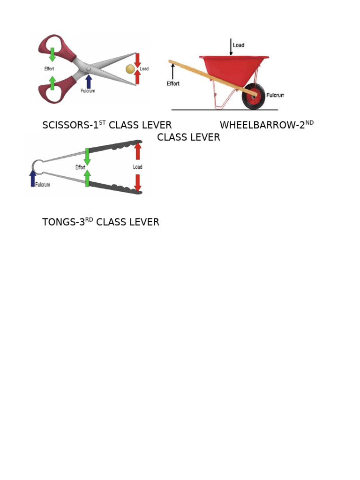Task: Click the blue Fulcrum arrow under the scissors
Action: (x=89, y=82)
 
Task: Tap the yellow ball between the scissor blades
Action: (x=130, y=69)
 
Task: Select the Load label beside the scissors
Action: (x=144, y=69)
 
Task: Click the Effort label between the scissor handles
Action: (x=49, y=68)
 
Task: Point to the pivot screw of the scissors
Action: (x=89, y=69)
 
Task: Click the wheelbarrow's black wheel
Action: (x=254, y=96)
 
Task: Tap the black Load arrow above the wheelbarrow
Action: (x=231, y=47)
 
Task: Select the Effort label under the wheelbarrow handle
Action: (x=173, y=83)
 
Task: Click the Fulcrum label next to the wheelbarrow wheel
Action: (x=275, y=95)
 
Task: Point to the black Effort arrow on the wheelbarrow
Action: (x=172, y=71)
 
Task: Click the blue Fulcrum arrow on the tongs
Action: (x=33, y=179)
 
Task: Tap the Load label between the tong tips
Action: (x=137, y=167)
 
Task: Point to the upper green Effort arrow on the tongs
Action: (x=87, y=157)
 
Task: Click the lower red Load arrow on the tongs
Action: (x=138, y=183)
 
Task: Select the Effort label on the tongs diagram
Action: (x=80, y=167)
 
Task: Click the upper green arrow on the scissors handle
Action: (x=52, y=54)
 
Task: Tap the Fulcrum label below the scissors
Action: (x=88, y=91)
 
